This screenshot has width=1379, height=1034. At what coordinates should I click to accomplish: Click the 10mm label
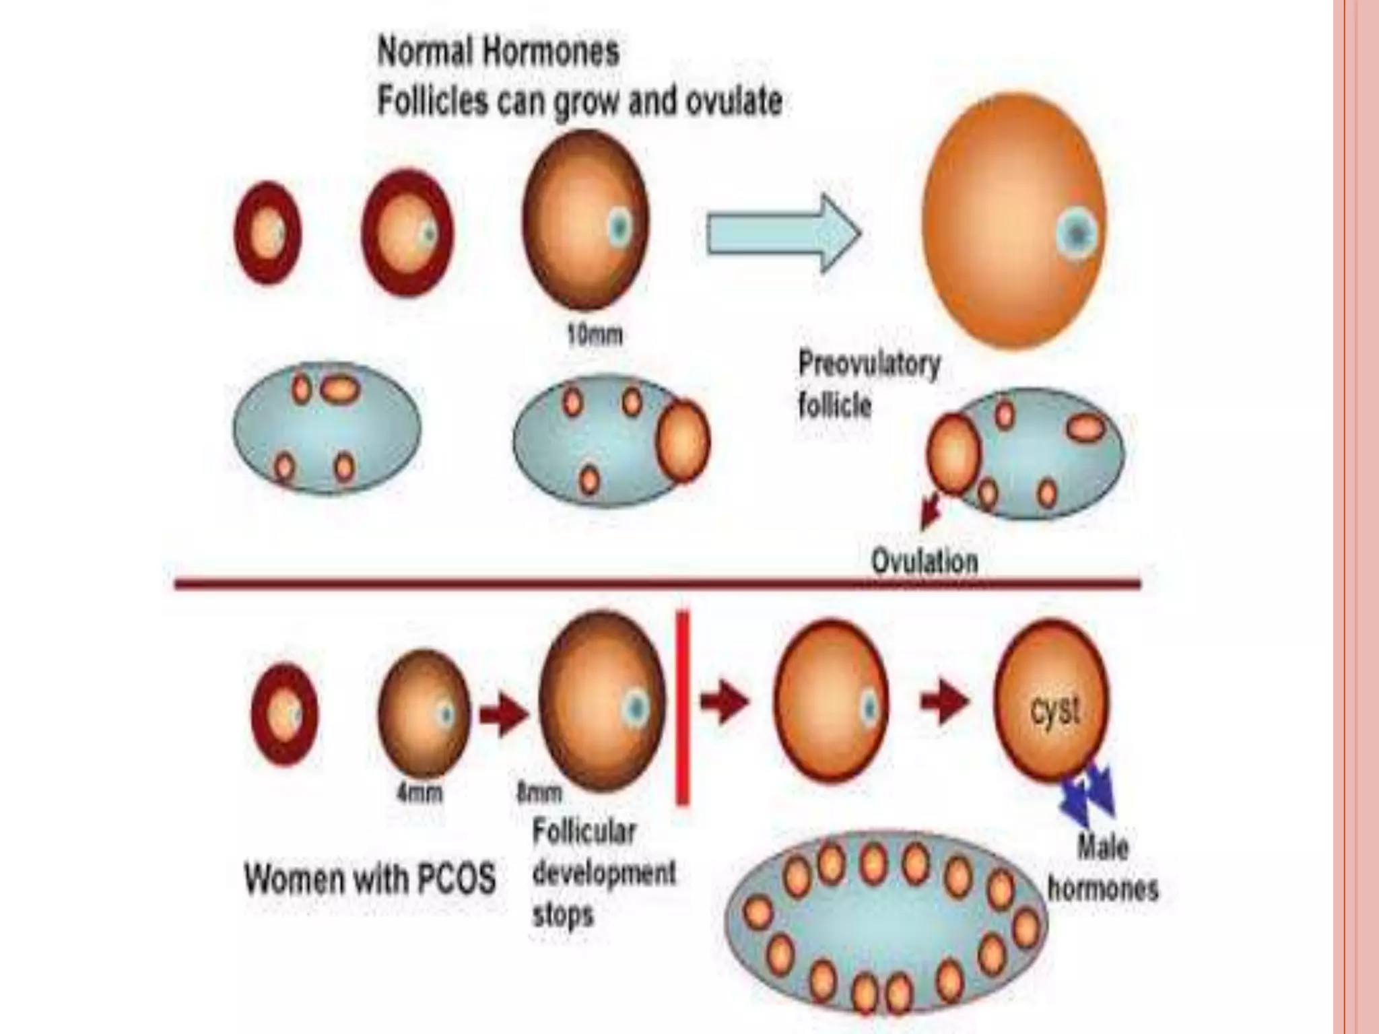click(x=594, y=335)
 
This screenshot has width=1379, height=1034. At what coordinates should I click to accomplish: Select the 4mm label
click(x=419, y=794)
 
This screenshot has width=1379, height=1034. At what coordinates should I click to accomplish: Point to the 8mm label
click(x=539, y=794)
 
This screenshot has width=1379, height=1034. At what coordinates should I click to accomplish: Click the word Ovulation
click(x=924, y=561)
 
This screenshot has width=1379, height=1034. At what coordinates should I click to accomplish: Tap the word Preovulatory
click(x=869, y=365)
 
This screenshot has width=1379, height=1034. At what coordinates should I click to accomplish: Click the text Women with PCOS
click(x=370, y=879)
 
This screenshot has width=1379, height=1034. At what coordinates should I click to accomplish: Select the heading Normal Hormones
click(x=498, y=52)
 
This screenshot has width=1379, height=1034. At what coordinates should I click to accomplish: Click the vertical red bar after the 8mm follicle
click(x=682, y=707)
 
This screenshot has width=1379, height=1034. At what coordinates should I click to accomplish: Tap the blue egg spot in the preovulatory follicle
click(x=1077, y=234)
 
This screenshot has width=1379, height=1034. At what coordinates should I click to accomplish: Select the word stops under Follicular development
click(x=563, y=915)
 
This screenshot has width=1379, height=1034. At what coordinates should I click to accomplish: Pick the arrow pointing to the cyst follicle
click(x=944, y=701)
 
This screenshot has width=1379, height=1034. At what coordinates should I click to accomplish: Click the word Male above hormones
click(x=1102, y=848)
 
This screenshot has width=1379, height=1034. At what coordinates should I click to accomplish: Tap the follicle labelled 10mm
click(x=586, y=221)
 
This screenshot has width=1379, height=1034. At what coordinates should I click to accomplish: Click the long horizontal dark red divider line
click(x=657, y=584)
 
